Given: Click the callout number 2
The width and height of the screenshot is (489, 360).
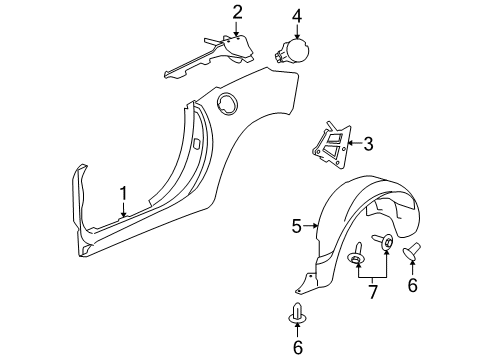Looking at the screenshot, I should [x=237, y=12].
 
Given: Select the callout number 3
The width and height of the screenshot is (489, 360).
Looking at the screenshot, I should [x=367, y=144].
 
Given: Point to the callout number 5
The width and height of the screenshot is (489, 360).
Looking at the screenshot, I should [x=296, y=227].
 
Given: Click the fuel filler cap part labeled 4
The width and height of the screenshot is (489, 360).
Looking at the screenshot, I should [x=295, y=52].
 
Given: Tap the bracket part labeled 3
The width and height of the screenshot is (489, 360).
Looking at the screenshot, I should [x=332, y=143].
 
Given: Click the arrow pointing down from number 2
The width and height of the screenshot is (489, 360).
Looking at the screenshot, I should [x=237, y=30].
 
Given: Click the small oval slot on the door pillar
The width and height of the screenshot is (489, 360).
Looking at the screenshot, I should [x=196, y=144].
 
